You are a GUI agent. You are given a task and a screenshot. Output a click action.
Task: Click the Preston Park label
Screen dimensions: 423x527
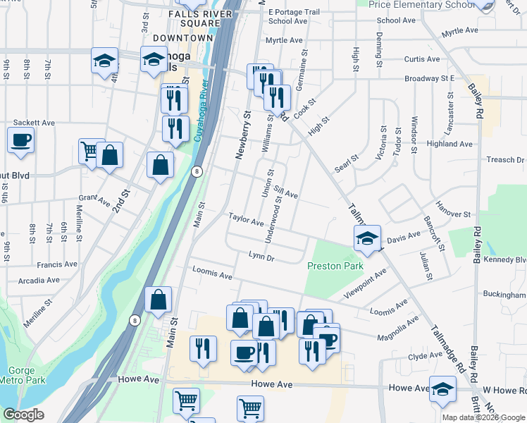tap(335, 266)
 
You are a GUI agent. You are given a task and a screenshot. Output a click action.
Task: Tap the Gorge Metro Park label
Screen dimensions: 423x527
tap(26, 376)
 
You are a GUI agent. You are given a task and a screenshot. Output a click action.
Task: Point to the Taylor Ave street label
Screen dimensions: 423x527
tap(245, 220)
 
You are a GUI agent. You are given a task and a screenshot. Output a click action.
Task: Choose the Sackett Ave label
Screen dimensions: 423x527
tap(35, 122)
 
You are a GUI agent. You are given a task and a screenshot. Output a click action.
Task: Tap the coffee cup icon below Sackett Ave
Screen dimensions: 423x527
tap(20, 139)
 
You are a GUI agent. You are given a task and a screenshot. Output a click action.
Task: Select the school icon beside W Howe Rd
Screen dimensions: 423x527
tap(442, 389)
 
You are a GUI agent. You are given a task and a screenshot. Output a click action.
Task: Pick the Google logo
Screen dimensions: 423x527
tap(23, 415)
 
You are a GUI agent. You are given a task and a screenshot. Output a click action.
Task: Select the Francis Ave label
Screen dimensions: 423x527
tap(58, 265)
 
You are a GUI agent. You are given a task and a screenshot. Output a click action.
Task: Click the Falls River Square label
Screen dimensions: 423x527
tap(201, 18)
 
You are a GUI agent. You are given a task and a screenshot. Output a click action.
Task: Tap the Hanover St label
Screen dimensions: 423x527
tap(453, 212)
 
